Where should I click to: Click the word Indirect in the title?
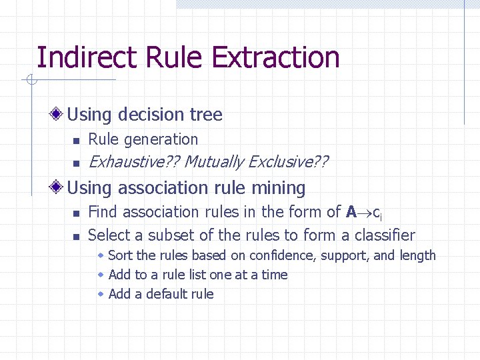[x=79, y=57]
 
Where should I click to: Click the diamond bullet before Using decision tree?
[x=57, y=115]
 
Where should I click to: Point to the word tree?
[x=206, y=115]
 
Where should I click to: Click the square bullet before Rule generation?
[x=77, y=141]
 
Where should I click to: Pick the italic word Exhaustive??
[x=133, y=162]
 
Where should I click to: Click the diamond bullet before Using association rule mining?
[x=57, y=188]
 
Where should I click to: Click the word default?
[x=168, y=294]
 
